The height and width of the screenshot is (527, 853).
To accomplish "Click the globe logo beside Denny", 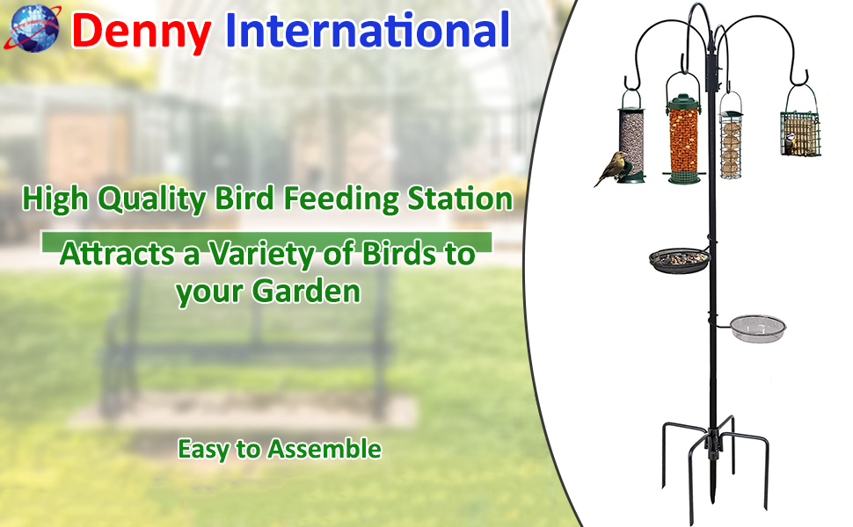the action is (33, 28).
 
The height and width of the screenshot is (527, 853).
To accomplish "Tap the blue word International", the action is (368, 30).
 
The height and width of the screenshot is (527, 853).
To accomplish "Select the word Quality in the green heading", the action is (152, 199).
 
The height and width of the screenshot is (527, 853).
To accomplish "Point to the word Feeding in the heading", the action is (341, 199).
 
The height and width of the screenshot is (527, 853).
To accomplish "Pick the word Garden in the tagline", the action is (307, 292).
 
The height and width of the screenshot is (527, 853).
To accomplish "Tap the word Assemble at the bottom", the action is (324, 450).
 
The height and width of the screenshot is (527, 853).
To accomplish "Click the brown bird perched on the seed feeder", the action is (613, 168).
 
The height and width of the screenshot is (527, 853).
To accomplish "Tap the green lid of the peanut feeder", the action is (684, 102).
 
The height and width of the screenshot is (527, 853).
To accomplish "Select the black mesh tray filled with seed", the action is (680, 260).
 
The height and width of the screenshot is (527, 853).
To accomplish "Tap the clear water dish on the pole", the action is (758, 328).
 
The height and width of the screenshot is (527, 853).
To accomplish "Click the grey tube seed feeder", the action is (631, 142).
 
